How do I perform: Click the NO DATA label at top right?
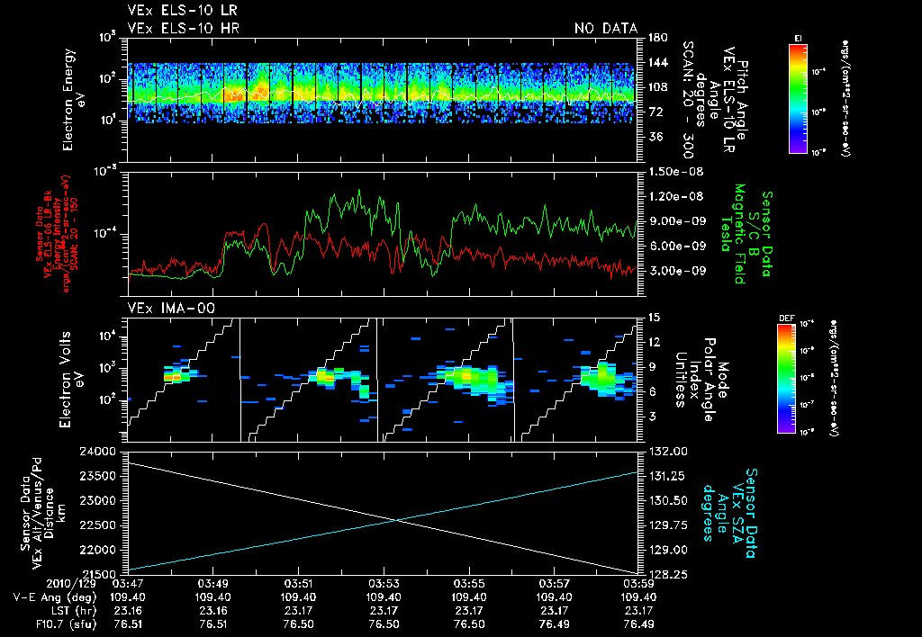606,28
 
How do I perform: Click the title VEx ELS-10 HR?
176,28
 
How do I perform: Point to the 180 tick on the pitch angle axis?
655,37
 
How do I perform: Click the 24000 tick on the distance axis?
106,451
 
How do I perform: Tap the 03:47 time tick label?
128,583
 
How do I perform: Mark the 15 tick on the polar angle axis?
652,317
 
